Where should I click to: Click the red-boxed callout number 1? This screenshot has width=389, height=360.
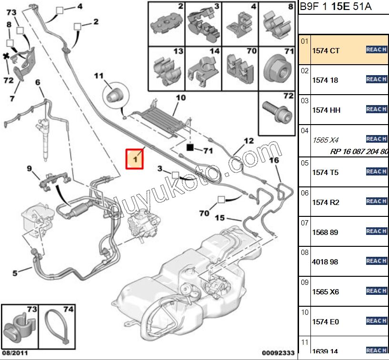pos(135,159)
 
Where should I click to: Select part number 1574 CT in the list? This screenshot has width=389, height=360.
pos(326,50)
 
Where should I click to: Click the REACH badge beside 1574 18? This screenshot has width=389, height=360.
pos(376,79)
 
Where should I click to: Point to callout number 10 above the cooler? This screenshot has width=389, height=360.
pos(180,98)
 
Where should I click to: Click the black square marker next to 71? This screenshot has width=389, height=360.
pos(190,147)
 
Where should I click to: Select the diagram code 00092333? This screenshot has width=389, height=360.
pos(278,353)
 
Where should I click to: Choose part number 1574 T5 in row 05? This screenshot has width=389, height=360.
pos(325,172)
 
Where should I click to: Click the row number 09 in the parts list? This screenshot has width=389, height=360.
pos(305,282)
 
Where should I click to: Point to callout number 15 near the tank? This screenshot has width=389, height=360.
pos(219,218)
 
